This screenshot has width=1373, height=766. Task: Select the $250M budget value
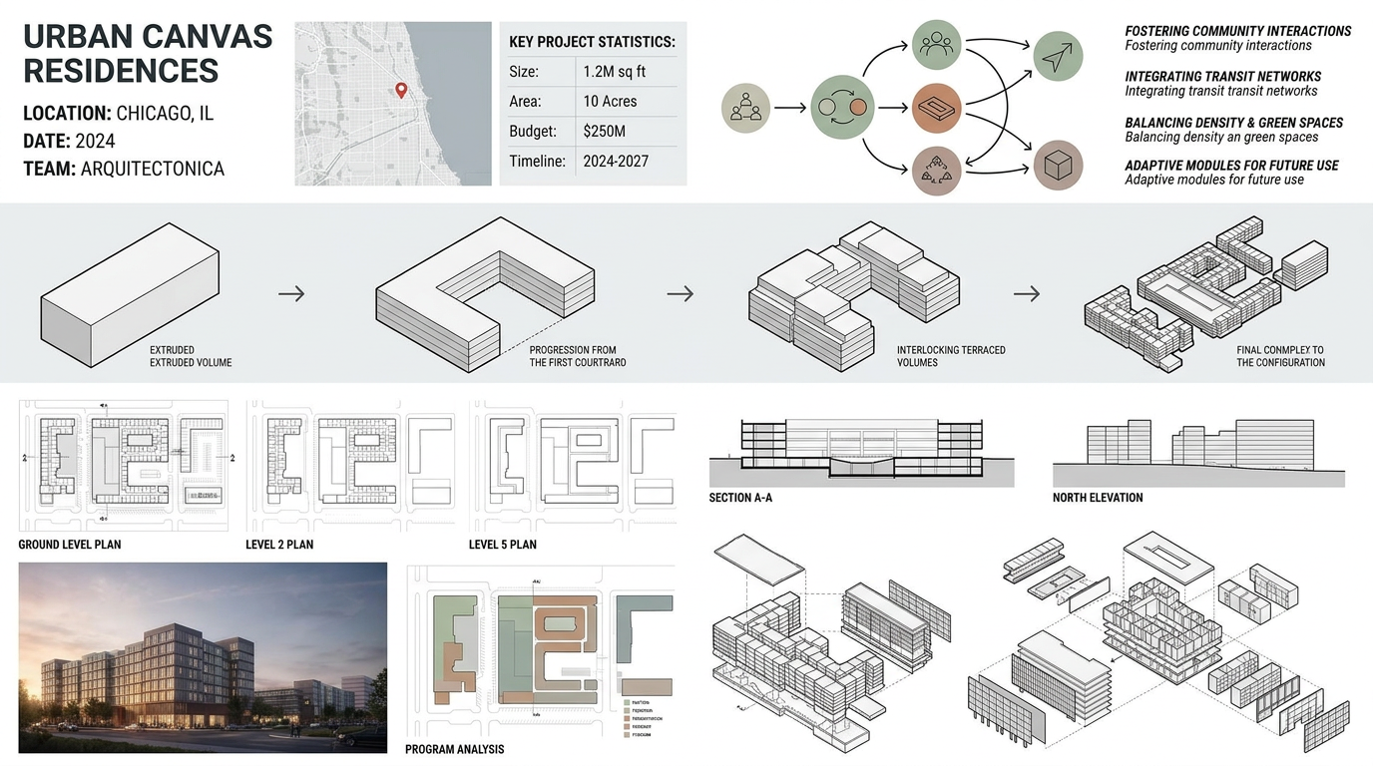tap(604, 132)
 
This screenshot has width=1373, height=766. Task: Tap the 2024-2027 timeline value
tap(616, 161)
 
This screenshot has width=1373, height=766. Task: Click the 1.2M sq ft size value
tap(614, 72)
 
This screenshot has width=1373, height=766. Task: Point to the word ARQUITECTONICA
tap(152, 170)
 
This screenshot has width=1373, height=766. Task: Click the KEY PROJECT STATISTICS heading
tap(592, 42)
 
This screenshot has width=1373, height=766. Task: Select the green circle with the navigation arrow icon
tap(1057, 57)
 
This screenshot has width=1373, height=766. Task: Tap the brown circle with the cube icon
tap(1057, 165)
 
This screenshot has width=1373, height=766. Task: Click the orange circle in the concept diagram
tap(936, 107)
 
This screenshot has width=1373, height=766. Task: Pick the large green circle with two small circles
tap(842, 107)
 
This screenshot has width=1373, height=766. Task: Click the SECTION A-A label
tap(740, 498)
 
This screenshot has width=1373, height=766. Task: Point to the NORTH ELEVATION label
tap(1098, 498)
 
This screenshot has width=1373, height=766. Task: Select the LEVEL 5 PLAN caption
tap(502, 545)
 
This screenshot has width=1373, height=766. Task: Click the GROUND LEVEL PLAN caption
tap(70, 545)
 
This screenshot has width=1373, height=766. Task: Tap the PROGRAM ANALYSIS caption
tap(454, 749)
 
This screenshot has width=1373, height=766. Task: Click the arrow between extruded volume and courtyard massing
tap(291, 293)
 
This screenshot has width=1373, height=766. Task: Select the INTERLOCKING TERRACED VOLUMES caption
tap(950, 356)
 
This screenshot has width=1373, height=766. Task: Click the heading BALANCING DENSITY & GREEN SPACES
tap(1233, 123)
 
